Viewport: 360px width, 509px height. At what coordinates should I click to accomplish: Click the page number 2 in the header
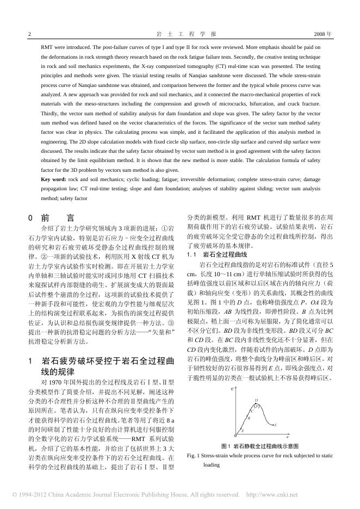(29, 34)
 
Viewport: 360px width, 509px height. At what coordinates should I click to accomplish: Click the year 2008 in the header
(321, 34)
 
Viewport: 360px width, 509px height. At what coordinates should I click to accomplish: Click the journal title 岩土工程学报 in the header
(179, 34)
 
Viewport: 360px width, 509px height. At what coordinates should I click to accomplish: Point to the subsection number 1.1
(191, 254)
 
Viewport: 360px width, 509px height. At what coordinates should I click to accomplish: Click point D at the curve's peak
(256, 401)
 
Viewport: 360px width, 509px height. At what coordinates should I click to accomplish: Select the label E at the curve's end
(276, 424)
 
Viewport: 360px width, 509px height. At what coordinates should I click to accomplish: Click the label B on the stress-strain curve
(249, 419)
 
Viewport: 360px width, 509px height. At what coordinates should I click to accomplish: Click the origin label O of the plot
(235, 436)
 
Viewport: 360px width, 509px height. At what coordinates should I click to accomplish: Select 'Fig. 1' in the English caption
(194, 456)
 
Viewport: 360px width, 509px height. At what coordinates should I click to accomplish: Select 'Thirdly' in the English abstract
(51, 113)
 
